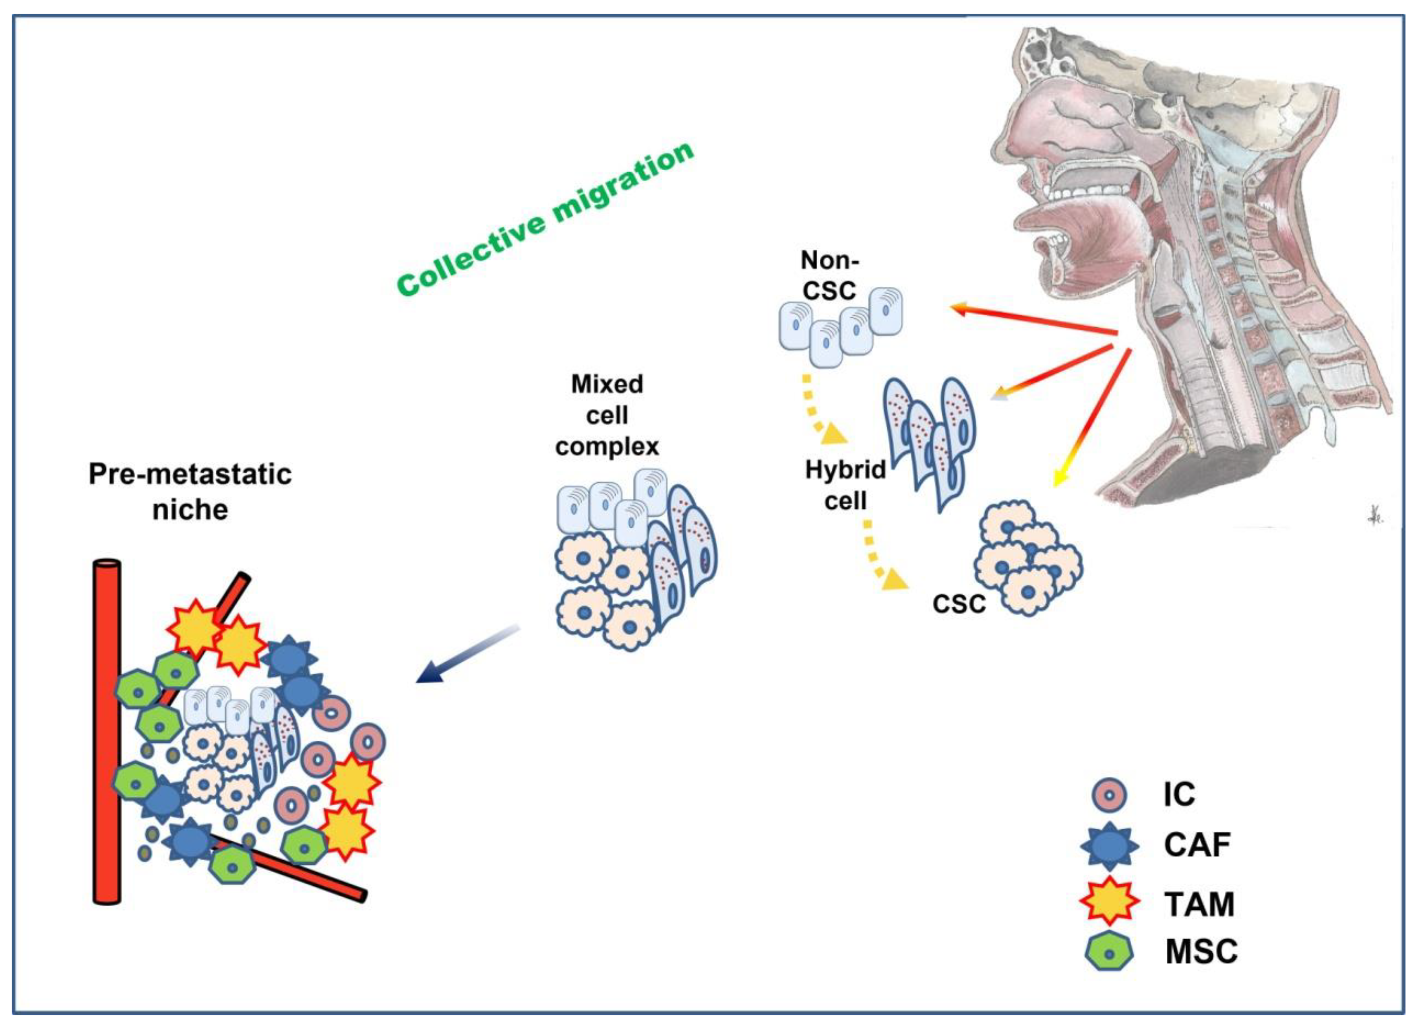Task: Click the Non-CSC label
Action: (x=829, y=276)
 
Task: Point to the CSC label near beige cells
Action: (x=959, y=604)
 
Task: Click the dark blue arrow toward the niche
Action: (x=468, y=655)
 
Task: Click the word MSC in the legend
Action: (x=1201, y=952)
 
